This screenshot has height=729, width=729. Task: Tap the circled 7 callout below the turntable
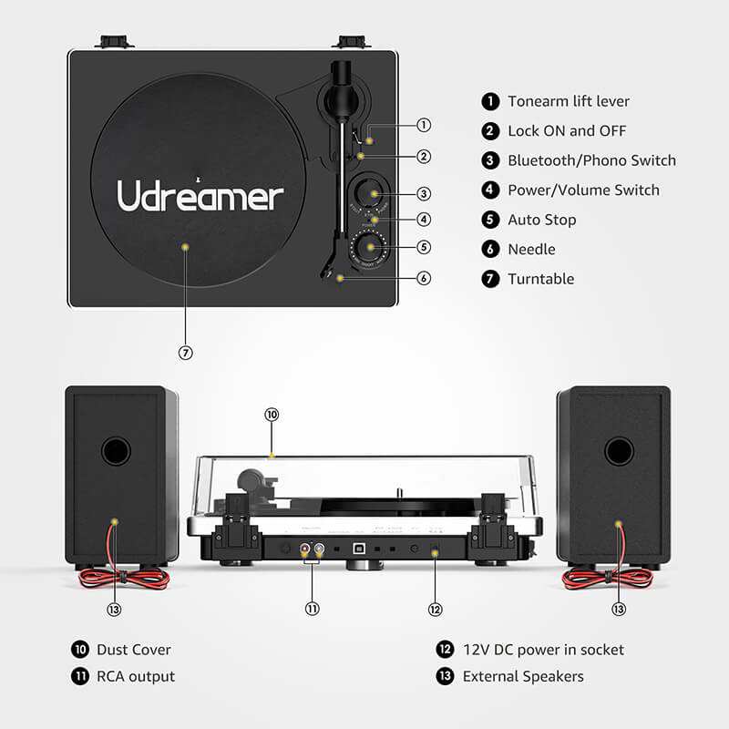coord(186,353)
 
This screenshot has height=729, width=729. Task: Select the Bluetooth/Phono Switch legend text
coord(591,160)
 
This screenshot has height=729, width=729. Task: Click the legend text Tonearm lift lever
coord(569,101)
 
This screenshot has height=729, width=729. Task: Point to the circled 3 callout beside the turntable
coord(424,193)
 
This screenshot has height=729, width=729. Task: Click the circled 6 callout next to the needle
coord(424,278)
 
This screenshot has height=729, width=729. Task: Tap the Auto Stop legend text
coord(541,220)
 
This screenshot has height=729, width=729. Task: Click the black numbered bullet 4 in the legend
coord(491,190)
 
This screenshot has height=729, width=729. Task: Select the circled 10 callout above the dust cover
coord(271,414)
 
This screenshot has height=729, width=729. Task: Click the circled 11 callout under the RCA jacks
coord(313,609)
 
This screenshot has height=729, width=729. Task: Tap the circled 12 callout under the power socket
coord(435,609)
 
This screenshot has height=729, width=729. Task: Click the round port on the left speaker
coord(116,450)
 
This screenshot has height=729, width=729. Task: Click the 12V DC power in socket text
coord(543,650)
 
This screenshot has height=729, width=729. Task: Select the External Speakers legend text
coord(523,676)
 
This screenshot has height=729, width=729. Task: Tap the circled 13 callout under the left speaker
coord(114,609)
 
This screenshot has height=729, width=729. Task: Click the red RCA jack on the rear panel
coord(306,550)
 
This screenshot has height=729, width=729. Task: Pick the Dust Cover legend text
coord(135,650)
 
